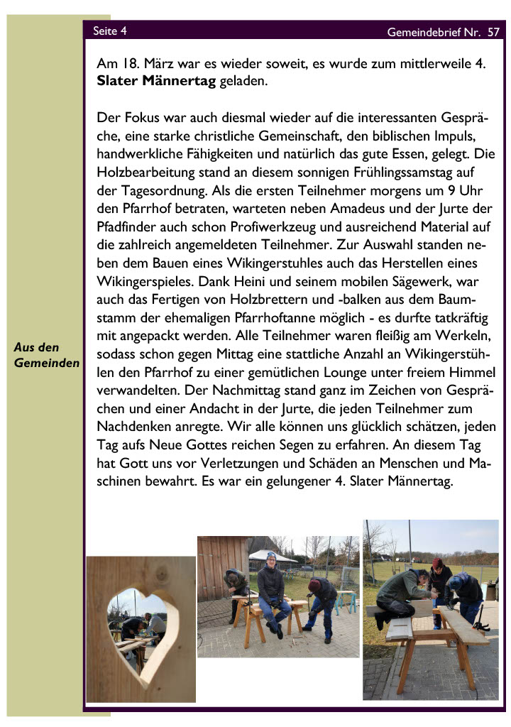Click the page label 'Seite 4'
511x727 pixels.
[x=110, y=31]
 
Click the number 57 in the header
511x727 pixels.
[x=493, y=32]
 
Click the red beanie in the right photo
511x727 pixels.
[x=437, y=563]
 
